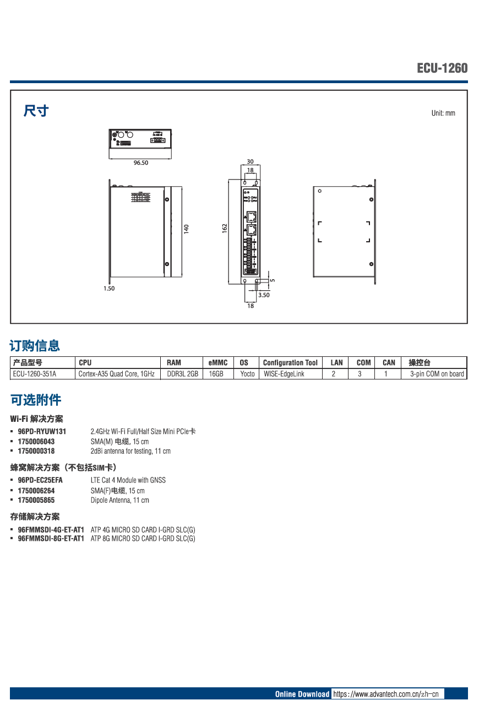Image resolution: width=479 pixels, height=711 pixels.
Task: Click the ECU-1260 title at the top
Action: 442,68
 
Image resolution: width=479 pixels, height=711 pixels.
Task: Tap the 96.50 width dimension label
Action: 141,162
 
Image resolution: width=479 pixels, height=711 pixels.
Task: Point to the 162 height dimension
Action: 225,228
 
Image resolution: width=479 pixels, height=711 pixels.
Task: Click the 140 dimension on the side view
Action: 186,228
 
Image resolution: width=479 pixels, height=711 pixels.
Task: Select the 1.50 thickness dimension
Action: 109,289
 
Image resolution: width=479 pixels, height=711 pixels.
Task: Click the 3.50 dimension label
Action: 264,295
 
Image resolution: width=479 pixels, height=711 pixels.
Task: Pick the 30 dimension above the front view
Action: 250,162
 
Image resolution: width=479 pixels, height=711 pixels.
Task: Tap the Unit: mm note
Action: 443,113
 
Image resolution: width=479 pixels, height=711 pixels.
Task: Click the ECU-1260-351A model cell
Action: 35,374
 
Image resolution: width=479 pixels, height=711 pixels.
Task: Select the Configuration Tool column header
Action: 290,362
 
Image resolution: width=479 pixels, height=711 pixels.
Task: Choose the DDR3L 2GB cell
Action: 182,374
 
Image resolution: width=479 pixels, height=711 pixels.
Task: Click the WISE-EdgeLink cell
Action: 284,374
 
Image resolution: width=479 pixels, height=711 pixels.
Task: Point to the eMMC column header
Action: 218,362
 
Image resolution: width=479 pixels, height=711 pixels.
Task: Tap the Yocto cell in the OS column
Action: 247,374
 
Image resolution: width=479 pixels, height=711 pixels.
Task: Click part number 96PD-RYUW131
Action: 42,432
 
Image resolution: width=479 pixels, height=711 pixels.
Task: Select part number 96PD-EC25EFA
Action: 40,480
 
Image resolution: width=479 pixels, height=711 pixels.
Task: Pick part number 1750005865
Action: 36,500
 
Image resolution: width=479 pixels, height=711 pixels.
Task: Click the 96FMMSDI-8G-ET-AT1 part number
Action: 51,539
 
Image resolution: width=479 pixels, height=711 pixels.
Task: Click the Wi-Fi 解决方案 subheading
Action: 36,419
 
